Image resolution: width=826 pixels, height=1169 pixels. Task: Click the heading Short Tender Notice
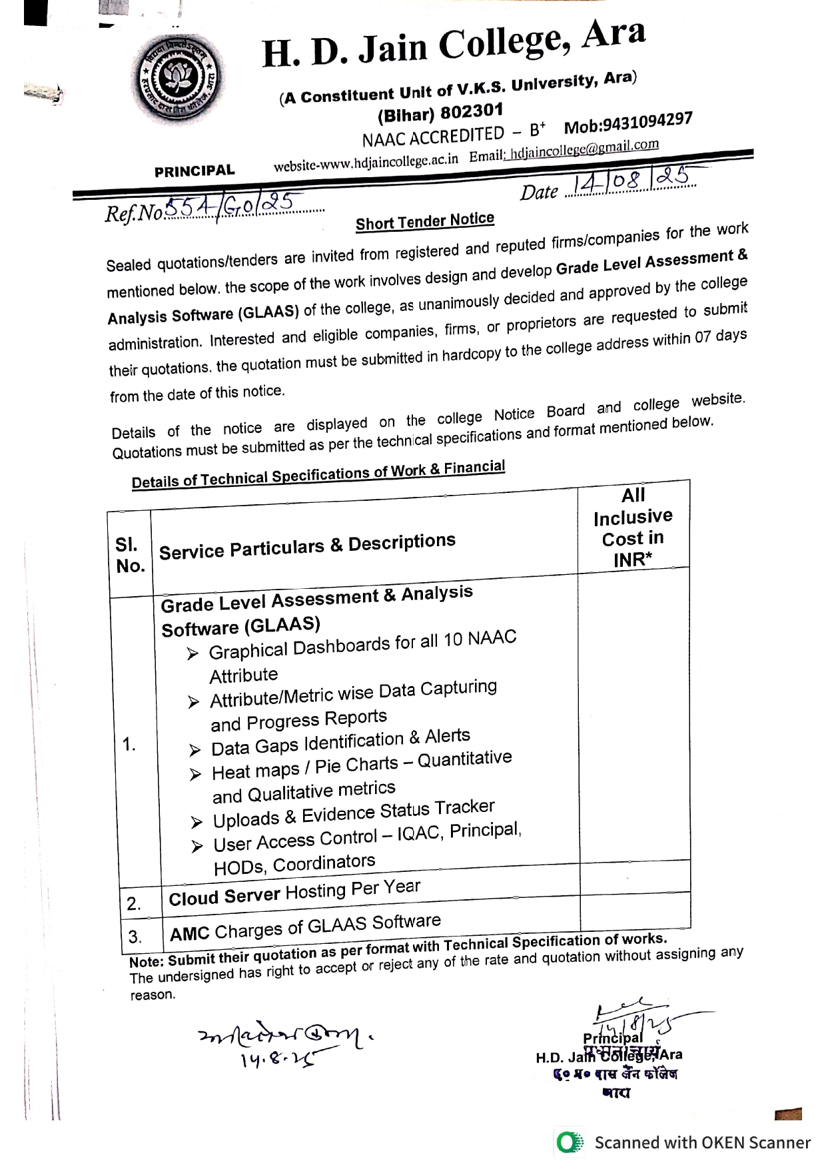425,221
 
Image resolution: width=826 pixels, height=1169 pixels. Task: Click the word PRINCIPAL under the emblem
195,171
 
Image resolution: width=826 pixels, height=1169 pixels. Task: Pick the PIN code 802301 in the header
472,111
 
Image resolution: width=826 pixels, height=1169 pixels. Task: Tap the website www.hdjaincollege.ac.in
366,161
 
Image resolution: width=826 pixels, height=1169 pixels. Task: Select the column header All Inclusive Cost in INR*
633,527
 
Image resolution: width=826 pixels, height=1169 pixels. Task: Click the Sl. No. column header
130,555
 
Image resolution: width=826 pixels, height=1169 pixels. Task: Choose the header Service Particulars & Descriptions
307,546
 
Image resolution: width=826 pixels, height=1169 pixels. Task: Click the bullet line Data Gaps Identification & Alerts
340,742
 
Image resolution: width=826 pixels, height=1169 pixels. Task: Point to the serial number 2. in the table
134,904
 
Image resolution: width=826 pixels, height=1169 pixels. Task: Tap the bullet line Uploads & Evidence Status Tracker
354,813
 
